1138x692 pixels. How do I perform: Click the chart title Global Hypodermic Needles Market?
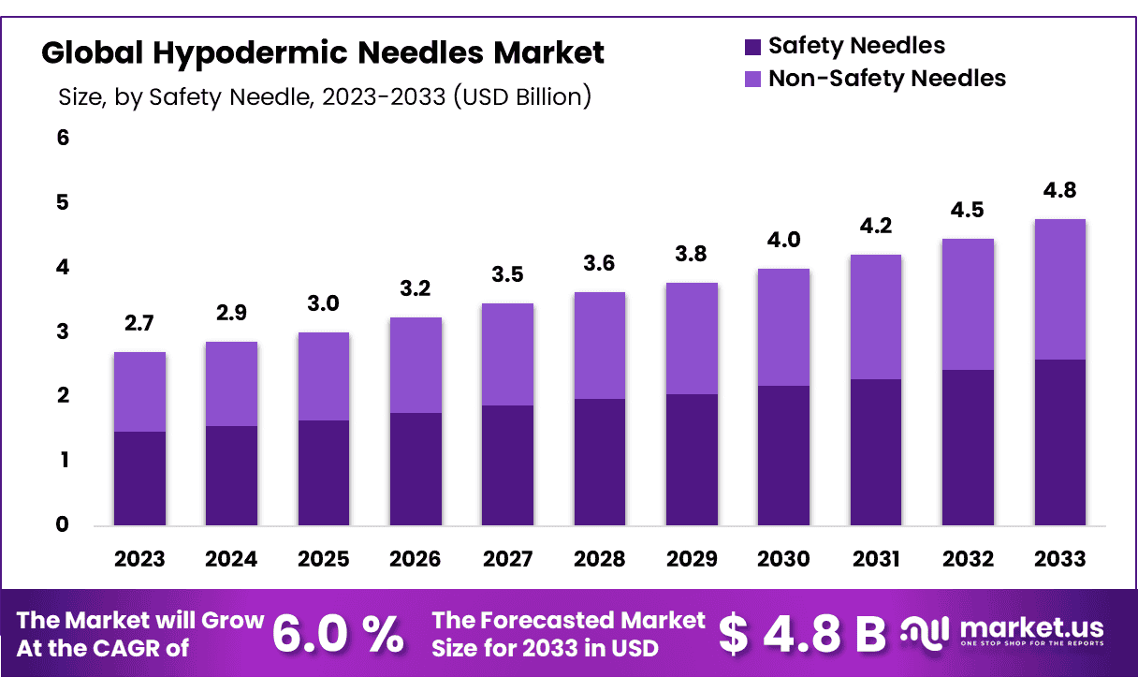(x=323, y=52)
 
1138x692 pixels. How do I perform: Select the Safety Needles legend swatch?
(x=753, y=46)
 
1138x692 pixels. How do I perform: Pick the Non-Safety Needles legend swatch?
(x=753, y=79)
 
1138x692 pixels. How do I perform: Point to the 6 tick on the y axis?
(x=64, y=138)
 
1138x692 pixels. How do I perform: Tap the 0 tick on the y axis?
(x=64, y=524)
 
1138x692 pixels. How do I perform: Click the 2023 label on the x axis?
(x=139, y=559)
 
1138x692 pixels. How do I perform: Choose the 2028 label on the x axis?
(x=599, y=559)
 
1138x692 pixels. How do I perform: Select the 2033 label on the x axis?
(x=1059, y=559)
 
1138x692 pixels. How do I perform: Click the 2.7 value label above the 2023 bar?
(x=139, y=325)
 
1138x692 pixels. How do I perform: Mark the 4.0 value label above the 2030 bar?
(x=783, y=241)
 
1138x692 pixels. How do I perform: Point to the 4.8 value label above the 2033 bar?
(x=1059, y=191)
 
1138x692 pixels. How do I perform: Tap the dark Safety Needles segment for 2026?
(x=416, y=468)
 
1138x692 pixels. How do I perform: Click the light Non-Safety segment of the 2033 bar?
(x=1059, y=289)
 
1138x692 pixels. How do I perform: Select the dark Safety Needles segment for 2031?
(x=875, y=451)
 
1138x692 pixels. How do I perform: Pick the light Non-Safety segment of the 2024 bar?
(x=231, y=384)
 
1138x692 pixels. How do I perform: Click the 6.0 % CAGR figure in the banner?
(x=338, y=634)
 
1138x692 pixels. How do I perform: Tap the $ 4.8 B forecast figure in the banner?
(x=802, y=634)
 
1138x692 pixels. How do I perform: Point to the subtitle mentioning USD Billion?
(x=324, y=97)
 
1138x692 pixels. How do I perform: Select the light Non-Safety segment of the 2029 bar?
(x=692, y=338)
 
